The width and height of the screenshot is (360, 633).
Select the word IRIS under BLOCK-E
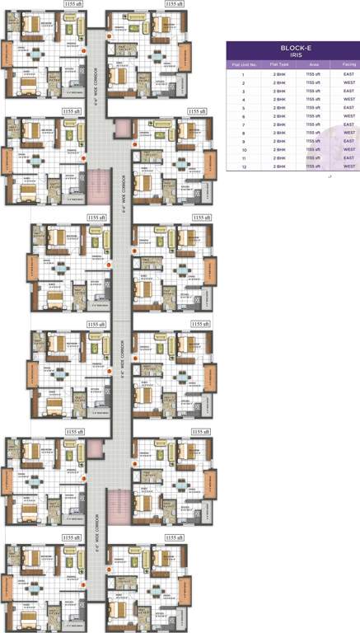click(x=293, y=56)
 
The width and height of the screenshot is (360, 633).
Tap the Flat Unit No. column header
click(x=244, y=64)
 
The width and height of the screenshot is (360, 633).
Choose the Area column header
click(x=311, y=64)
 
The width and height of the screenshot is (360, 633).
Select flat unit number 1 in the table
click(x=244, y=75)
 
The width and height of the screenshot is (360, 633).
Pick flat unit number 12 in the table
click(x=244, y=166)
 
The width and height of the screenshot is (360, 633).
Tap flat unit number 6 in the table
click(x=244, y=116)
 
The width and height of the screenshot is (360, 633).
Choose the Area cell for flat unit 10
click(x=311, y=150)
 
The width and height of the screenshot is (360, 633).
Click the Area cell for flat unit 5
click(x=311, y=108)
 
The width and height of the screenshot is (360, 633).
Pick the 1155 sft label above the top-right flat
click(x=175, y=4)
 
